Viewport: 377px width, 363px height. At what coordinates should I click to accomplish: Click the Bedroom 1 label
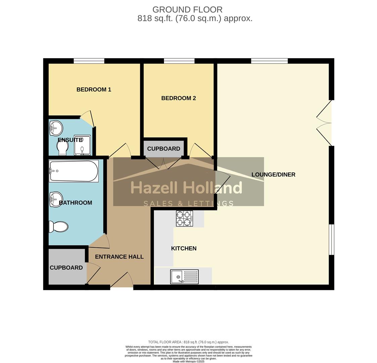coord(94,89)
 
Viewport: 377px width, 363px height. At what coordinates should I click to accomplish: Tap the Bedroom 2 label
coord(178,98)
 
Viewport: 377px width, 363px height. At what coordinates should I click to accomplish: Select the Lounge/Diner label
coord(273,174)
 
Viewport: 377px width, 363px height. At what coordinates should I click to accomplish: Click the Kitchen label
coord(184,248)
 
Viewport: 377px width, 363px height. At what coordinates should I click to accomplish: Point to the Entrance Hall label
coord(119,257)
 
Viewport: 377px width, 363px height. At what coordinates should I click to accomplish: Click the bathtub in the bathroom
coord(74,171)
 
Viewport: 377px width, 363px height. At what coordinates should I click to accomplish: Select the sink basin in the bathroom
coord(56,199)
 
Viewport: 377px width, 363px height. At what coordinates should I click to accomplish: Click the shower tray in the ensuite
coord(82,145)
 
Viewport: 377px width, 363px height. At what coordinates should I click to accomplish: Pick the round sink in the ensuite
coord(56,128)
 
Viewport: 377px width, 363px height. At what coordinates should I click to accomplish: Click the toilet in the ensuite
coord(63,148)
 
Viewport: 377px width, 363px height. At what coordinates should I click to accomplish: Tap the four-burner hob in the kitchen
coord(184,218)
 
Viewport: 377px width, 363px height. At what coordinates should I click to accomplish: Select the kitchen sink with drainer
coord(184,277)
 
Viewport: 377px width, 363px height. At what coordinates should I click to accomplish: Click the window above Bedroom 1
coord(89,61)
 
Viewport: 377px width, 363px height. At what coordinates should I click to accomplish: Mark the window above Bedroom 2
coord(179,61)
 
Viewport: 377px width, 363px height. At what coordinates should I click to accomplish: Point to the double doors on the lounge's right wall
coord(325,123)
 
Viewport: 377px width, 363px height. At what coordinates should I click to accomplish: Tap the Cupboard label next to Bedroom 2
coord(164,149)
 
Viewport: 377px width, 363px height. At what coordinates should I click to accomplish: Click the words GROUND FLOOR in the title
coord(187,10)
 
